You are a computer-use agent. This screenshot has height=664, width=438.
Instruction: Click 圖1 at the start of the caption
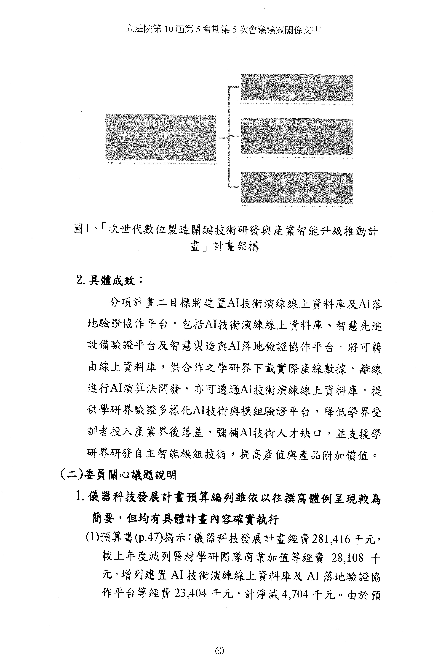[x=82, y=230]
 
